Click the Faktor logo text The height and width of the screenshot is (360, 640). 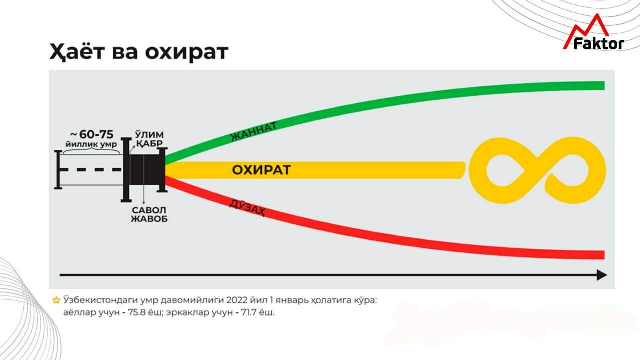[598, 44]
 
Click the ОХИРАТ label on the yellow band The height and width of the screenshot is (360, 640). [261, 170]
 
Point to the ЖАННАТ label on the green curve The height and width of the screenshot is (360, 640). [253, 131]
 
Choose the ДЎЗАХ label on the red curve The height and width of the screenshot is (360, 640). [247, 207]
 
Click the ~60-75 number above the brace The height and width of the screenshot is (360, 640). [95, 134]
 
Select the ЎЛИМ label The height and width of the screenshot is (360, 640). [149, 135]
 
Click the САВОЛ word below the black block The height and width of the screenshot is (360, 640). [149, 210]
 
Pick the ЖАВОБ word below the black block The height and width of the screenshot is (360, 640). [149, 219]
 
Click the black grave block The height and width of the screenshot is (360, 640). [147, 170]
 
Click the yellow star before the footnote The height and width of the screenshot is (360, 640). [56, 300]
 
